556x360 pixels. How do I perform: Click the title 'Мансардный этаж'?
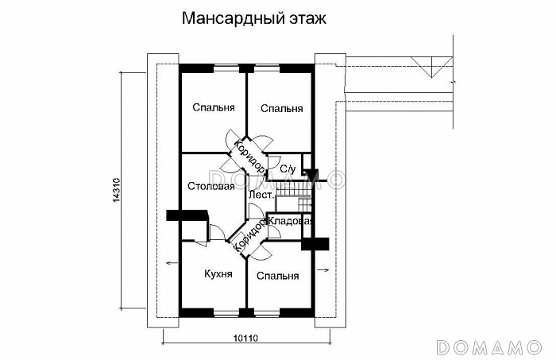pos(253,18)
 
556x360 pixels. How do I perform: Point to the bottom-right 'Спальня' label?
pos(277,276)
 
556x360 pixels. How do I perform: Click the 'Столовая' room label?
pos(210,187)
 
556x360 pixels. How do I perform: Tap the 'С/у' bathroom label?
pos(287,168)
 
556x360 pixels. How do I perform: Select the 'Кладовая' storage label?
pos(290,221)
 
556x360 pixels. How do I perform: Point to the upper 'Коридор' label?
pos(249,154)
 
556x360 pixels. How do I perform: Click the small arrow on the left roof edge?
pos(168,263)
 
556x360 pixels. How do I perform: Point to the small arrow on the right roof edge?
pos(325,271)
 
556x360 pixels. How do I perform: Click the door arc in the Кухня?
pos(215,231)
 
